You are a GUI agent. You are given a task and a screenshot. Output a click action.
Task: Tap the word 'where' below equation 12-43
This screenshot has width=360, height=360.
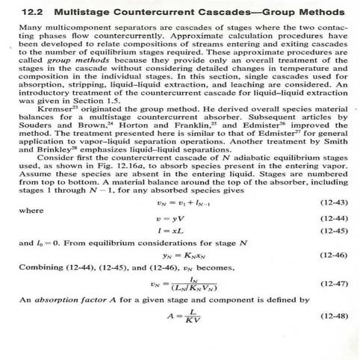coord(30,210)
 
